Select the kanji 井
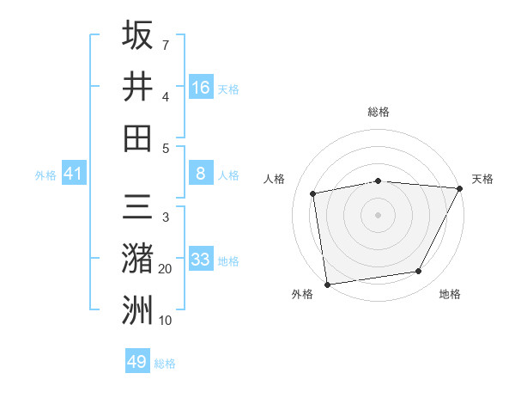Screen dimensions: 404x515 137,86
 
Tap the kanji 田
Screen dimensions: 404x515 137,138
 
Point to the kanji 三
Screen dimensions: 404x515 137,208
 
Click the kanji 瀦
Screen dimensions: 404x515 137,260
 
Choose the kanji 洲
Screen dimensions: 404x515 137,310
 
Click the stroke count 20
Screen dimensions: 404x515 166,269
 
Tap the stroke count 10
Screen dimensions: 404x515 166,321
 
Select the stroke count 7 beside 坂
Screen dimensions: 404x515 166,44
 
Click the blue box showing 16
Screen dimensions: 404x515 201,87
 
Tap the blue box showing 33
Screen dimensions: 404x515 201,260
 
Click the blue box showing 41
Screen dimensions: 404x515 74,174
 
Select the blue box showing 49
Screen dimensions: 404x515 137,362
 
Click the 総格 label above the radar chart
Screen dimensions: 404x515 379,112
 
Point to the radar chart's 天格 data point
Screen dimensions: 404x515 461,189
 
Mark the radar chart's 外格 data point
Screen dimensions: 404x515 327,284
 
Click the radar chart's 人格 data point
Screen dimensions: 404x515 314,193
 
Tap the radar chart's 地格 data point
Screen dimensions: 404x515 419,272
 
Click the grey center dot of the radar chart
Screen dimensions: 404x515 379,214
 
